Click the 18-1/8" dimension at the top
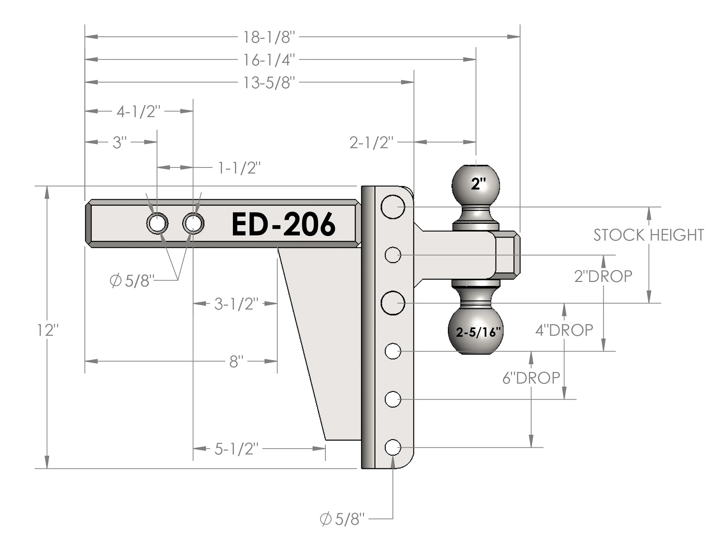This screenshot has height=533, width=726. point(270,37)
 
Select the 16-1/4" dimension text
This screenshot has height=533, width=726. point(270,59)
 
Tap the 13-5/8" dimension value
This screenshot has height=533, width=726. point(270,83)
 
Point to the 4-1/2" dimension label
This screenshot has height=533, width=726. point(138,111)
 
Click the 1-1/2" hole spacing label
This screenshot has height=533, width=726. point(239,168)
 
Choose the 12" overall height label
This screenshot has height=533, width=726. point(48,330)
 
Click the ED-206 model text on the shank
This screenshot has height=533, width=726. point(284,224)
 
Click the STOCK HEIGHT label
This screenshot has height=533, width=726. point(648,235)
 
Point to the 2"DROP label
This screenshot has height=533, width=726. point(603,276)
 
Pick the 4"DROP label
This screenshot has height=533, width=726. point(564,330)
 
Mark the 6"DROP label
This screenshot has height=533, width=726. point(531,378)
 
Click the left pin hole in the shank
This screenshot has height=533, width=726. point(157,223)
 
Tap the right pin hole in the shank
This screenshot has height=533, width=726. point(193,223)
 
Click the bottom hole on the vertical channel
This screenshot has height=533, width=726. point(393,447)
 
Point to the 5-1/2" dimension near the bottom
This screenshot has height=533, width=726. point(236,449)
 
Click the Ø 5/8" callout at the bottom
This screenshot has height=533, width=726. point(342,518)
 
